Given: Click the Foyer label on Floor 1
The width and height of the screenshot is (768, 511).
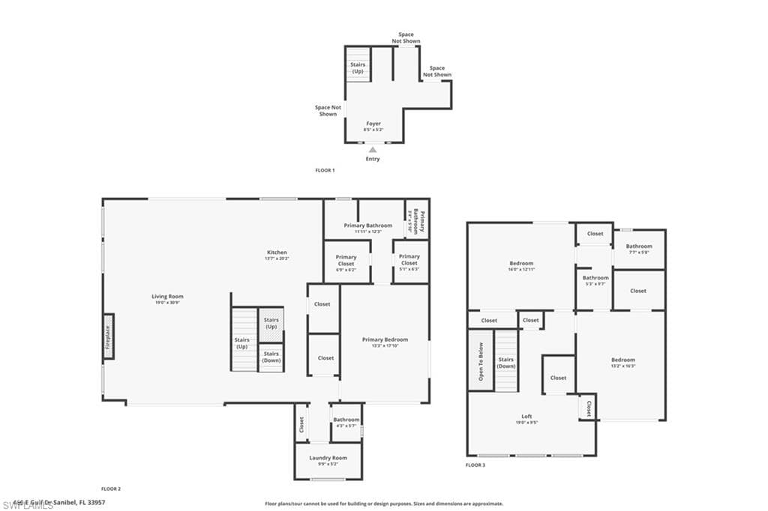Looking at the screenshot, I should tap(373, 124).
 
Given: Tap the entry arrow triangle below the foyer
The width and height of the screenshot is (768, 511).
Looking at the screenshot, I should tap(373, 150).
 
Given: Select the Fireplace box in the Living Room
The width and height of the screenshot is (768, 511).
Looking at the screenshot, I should tap(108, 336).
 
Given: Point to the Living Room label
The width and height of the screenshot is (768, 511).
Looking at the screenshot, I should tap(167, 297).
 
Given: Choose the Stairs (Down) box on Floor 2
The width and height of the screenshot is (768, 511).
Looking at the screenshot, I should tap(271, 357).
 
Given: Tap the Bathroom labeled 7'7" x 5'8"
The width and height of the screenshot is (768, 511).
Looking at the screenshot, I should tap(639, 247).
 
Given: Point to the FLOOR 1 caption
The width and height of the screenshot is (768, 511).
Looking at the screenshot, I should tap(325, 171).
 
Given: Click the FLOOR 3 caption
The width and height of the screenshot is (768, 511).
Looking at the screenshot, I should tap(475, 465).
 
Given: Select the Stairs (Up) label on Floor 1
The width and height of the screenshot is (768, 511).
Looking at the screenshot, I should tap(358, 67).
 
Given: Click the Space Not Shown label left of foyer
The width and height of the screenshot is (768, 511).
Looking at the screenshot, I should tap(328, 110).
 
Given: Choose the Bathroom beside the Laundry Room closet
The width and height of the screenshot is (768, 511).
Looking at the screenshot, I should tap(346, 421).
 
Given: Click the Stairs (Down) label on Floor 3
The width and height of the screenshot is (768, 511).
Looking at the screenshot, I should tap(506, 363).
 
